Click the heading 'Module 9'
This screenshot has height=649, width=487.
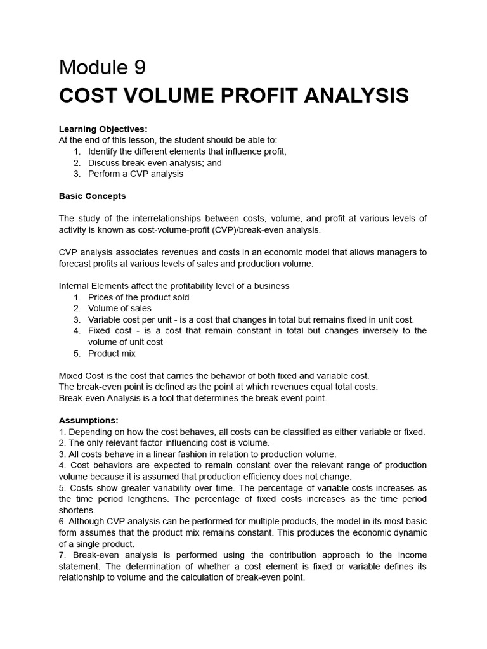point(103,67)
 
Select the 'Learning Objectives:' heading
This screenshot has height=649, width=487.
point(103,129)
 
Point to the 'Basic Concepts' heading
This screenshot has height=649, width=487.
point(92,196)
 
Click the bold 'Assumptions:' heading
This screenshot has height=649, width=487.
point(88,420)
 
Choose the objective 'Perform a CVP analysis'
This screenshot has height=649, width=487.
point(136,174)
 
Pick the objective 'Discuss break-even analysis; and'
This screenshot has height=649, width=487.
point(155,163)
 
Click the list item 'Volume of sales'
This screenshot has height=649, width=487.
point(120,308)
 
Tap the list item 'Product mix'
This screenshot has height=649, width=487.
point(112,353)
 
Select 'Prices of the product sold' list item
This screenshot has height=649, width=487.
point(138,297)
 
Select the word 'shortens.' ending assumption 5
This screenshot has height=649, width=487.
point(77,510)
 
